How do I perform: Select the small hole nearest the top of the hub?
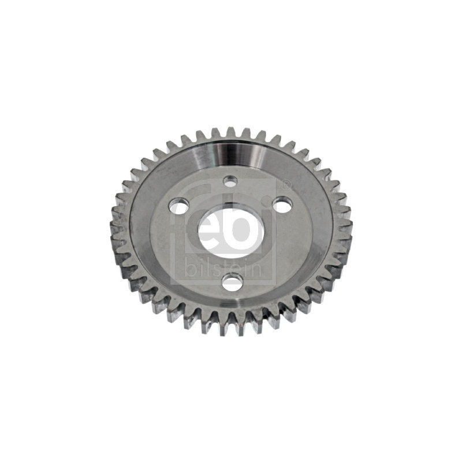(230, 181)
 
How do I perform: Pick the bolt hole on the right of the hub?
(282, 203)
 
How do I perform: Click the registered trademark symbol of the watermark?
(285, 184)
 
